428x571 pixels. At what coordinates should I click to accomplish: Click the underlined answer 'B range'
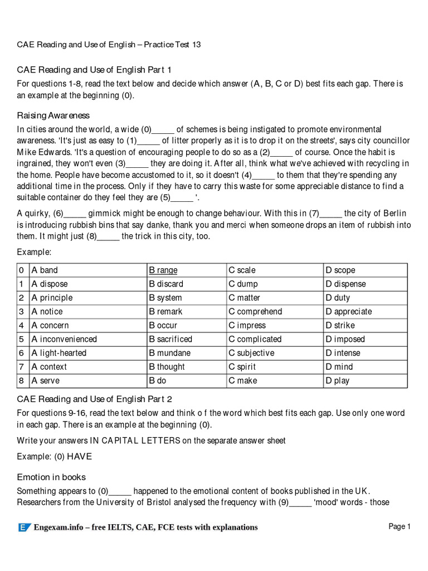click(163, 270)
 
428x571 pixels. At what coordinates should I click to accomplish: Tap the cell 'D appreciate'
click(348, 312)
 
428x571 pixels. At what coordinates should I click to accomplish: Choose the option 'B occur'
click(163, 326)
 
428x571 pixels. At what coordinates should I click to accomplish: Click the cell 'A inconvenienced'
click(64, 339)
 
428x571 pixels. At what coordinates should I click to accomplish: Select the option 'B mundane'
click(169, 353)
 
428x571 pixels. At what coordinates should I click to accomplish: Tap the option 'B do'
click(158, 381)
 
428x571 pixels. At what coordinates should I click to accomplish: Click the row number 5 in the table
click(21, 339)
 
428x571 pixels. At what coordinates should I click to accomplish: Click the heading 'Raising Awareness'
click(53, 115)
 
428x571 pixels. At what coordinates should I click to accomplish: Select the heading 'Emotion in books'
click(51, 477)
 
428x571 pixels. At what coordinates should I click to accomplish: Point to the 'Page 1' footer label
click(399, 526)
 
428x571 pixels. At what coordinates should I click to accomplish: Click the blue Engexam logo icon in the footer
click(24, 528)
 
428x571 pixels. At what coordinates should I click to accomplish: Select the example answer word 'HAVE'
click(80, 457)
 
